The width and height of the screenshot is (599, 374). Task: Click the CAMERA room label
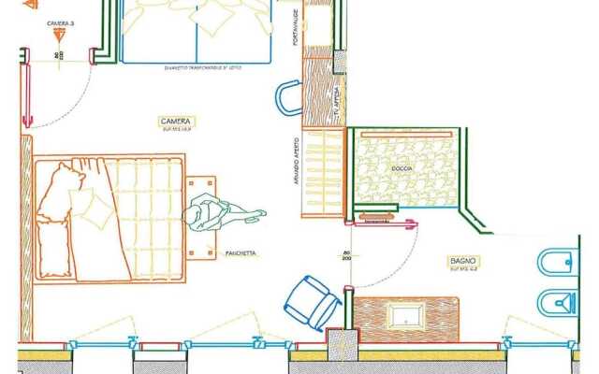[x=176, y=122]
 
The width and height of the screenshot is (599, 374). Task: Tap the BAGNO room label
[x=462, y=261]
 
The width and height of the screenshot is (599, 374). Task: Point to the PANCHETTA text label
[x=241, y=253]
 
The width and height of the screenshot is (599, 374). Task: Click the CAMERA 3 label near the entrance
[x=61, y=20]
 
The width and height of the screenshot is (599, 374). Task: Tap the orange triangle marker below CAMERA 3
[x=61, y=35]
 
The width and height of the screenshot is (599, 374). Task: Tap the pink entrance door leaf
[x=26, y=89]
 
